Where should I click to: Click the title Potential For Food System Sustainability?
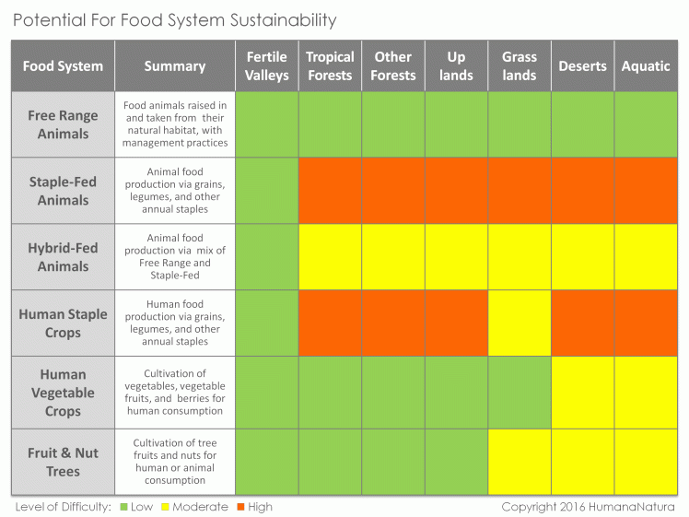(175, 19)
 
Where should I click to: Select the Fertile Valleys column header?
(266, 66)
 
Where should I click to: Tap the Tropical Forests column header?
(330, 66)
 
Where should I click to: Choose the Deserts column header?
(582, 66)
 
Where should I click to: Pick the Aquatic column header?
(646, 66)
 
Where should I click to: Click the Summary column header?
(175, 66)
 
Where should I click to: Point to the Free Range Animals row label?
(63, 124)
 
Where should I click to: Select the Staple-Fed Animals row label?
(63, 191)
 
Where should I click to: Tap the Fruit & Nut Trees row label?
(63, 462)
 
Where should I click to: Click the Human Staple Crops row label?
(63, 323)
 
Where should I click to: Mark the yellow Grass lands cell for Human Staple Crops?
(519, 323)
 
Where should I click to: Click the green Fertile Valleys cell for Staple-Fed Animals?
(266, 191)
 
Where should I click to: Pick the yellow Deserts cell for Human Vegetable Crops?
(582, 393)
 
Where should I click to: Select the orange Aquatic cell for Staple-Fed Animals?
(646, 191)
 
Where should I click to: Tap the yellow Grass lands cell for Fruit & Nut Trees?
(519, 462)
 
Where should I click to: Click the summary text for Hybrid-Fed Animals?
(175, 257)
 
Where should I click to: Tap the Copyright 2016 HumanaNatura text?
(588, 507)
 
